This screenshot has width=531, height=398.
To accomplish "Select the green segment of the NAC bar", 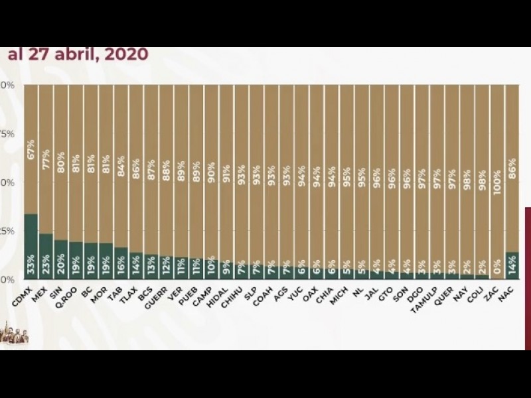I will tap(512, 265).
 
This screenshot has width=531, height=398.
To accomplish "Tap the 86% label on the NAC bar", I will tap(512, 166).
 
